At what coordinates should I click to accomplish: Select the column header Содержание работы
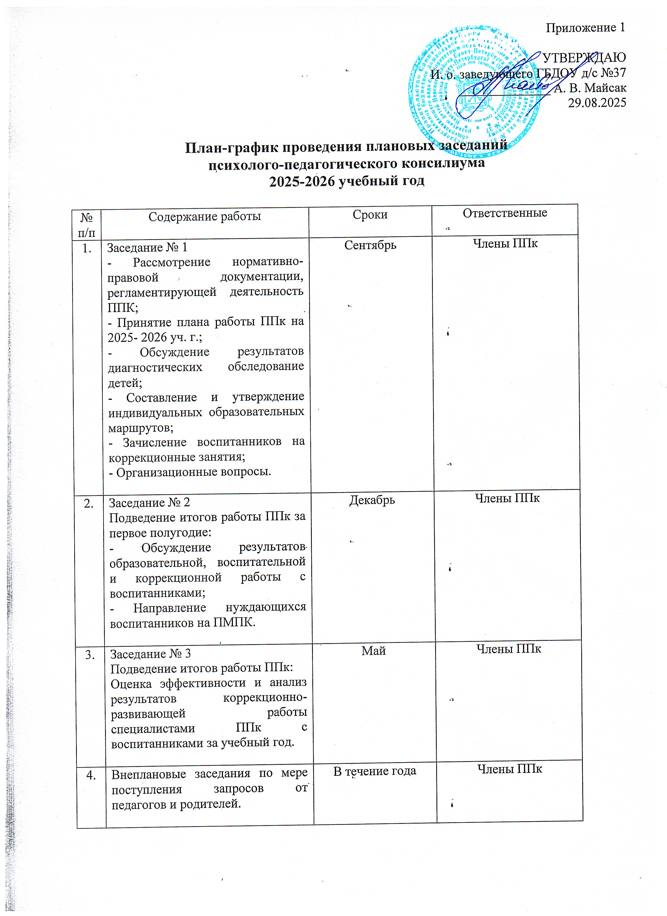[x=205, y=217]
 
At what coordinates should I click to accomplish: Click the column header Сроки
[x=370, y=214]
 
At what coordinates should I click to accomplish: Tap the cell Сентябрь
[x=370, y=245]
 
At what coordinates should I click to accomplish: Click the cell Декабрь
[x=372, y=500]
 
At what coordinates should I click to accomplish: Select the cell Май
[x=373, y=651]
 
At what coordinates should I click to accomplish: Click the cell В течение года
[x=375, y=771]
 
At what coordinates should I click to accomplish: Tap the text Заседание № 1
[x=147, y=247]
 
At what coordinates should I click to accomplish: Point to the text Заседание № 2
[x=149, y=502]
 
